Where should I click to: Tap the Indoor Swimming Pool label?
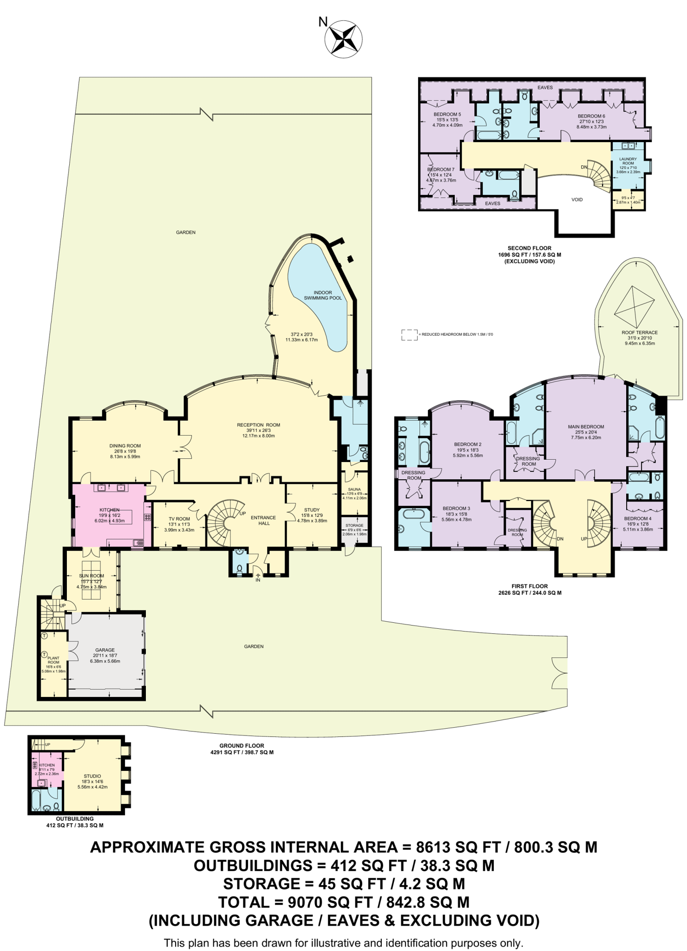coord(322,295)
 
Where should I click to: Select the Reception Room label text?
coord(258,425)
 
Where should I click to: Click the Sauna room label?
coord(354,489)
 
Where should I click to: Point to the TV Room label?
coord(179,519)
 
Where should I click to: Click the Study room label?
coord(312,510)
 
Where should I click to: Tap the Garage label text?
coord(105,650)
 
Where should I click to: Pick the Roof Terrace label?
coord(640,332)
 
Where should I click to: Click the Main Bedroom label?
coord(586,427)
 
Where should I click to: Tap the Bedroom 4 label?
coord(637,519)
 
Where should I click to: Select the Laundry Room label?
coord(628,161)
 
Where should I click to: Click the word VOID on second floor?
coord(577,200)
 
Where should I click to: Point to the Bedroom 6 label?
coord(591,116)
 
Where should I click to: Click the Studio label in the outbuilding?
coord(92,776)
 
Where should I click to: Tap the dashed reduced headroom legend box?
coord(409,334)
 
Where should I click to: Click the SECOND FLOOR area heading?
coord(530,248)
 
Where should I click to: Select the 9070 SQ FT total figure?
coord(330,902)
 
